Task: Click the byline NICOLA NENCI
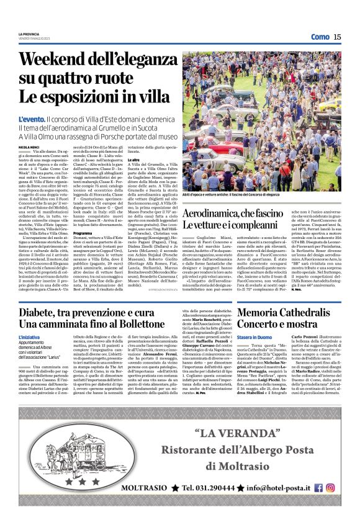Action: (x=29, y=147)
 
